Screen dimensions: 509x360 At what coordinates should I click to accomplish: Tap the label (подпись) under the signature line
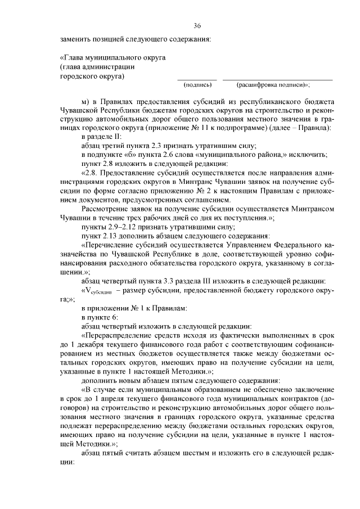tap(197, 85)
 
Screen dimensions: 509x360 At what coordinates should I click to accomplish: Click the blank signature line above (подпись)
tap(197, 79)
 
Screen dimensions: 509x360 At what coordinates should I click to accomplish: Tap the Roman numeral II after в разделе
tap(118, 137)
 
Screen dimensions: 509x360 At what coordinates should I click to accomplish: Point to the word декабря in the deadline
tap(95, 344)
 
